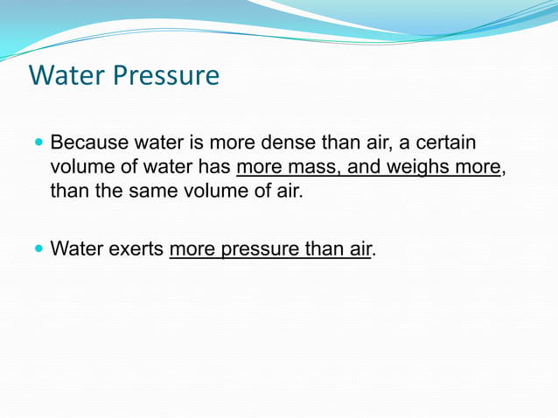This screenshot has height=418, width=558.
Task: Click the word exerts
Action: point(135,249)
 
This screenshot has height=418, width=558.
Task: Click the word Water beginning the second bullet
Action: point(75,249)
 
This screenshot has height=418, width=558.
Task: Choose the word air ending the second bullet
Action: point(359,249)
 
